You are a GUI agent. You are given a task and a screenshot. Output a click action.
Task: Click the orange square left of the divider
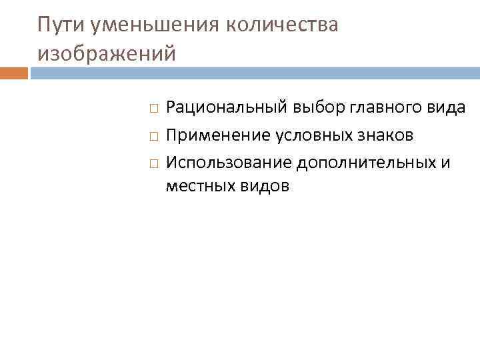pyautogui.click(x=13, y=73)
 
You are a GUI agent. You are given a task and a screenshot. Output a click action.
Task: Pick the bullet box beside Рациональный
pyautogui.click(x=153, y=107)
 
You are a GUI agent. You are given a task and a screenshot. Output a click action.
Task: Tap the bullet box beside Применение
pyautogui.click(x=153, y=136)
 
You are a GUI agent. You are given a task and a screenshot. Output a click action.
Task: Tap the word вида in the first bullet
pyautogui.click(x=445, y=107)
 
